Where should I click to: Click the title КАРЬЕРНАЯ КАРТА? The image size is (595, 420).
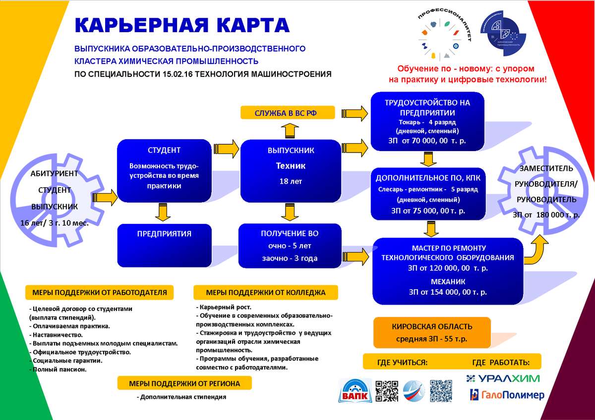coord(181,25)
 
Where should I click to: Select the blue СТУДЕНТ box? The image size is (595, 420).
coord(164,170)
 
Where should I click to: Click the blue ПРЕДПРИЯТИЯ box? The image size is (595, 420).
coord(164,246)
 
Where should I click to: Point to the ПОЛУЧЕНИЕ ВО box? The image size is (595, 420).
coord(290,246)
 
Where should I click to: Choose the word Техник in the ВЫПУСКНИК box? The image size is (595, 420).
coord(291,166)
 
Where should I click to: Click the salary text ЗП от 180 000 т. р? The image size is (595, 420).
coord(545,215)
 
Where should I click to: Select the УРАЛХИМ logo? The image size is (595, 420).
coord(503,379)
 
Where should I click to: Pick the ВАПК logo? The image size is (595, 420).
coord(355,391)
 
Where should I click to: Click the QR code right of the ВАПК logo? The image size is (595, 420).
coord(387,391)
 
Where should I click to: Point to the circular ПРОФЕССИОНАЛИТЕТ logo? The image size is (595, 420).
coord(444,36)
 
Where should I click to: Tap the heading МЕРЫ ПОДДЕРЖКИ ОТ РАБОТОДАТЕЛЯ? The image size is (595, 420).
coord(100,293)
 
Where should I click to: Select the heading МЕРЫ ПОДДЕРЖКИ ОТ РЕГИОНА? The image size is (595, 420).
coord(184,383)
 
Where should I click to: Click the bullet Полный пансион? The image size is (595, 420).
coord(59,369)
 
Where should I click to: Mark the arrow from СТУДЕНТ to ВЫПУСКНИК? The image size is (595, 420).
coord(226,148)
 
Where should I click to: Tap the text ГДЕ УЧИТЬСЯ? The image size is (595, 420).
coord(402,363)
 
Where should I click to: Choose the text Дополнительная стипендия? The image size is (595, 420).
coord(182,397)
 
